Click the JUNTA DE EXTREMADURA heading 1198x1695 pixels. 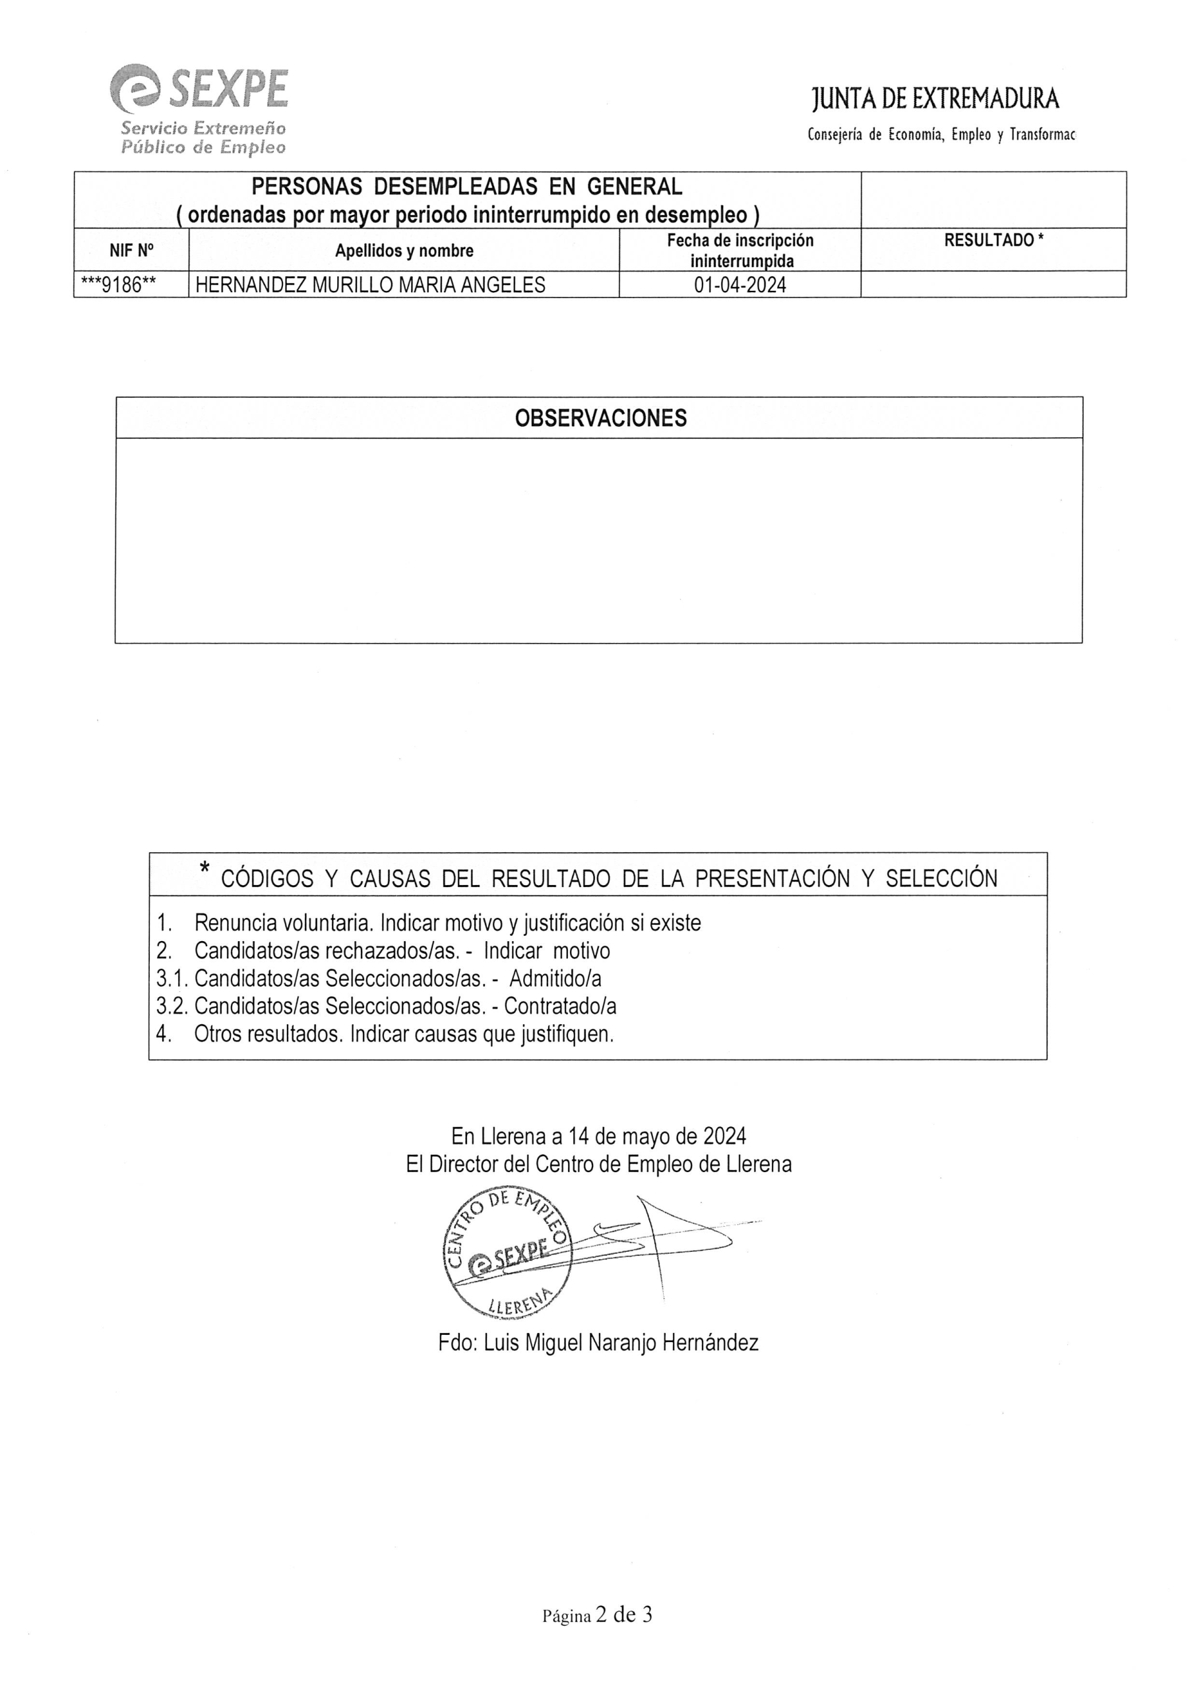[935, 99]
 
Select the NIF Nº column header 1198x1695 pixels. [131, 250]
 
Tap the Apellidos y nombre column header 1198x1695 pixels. [404, 250]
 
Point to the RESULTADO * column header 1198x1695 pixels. [993, 240]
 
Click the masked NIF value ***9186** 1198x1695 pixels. [118, 285]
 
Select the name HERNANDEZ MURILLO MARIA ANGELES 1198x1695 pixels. [370, 285]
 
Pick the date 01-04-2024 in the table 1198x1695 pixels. [740, 285]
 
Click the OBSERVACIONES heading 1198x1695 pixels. [600, 419]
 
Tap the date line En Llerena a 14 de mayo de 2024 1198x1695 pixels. [598, 1136]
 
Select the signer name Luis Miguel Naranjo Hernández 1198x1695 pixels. [598, 1342]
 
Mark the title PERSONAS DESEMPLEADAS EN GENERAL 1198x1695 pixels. [467, 186]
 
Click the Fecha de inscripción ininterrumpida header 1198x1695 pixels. [740, 250]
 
